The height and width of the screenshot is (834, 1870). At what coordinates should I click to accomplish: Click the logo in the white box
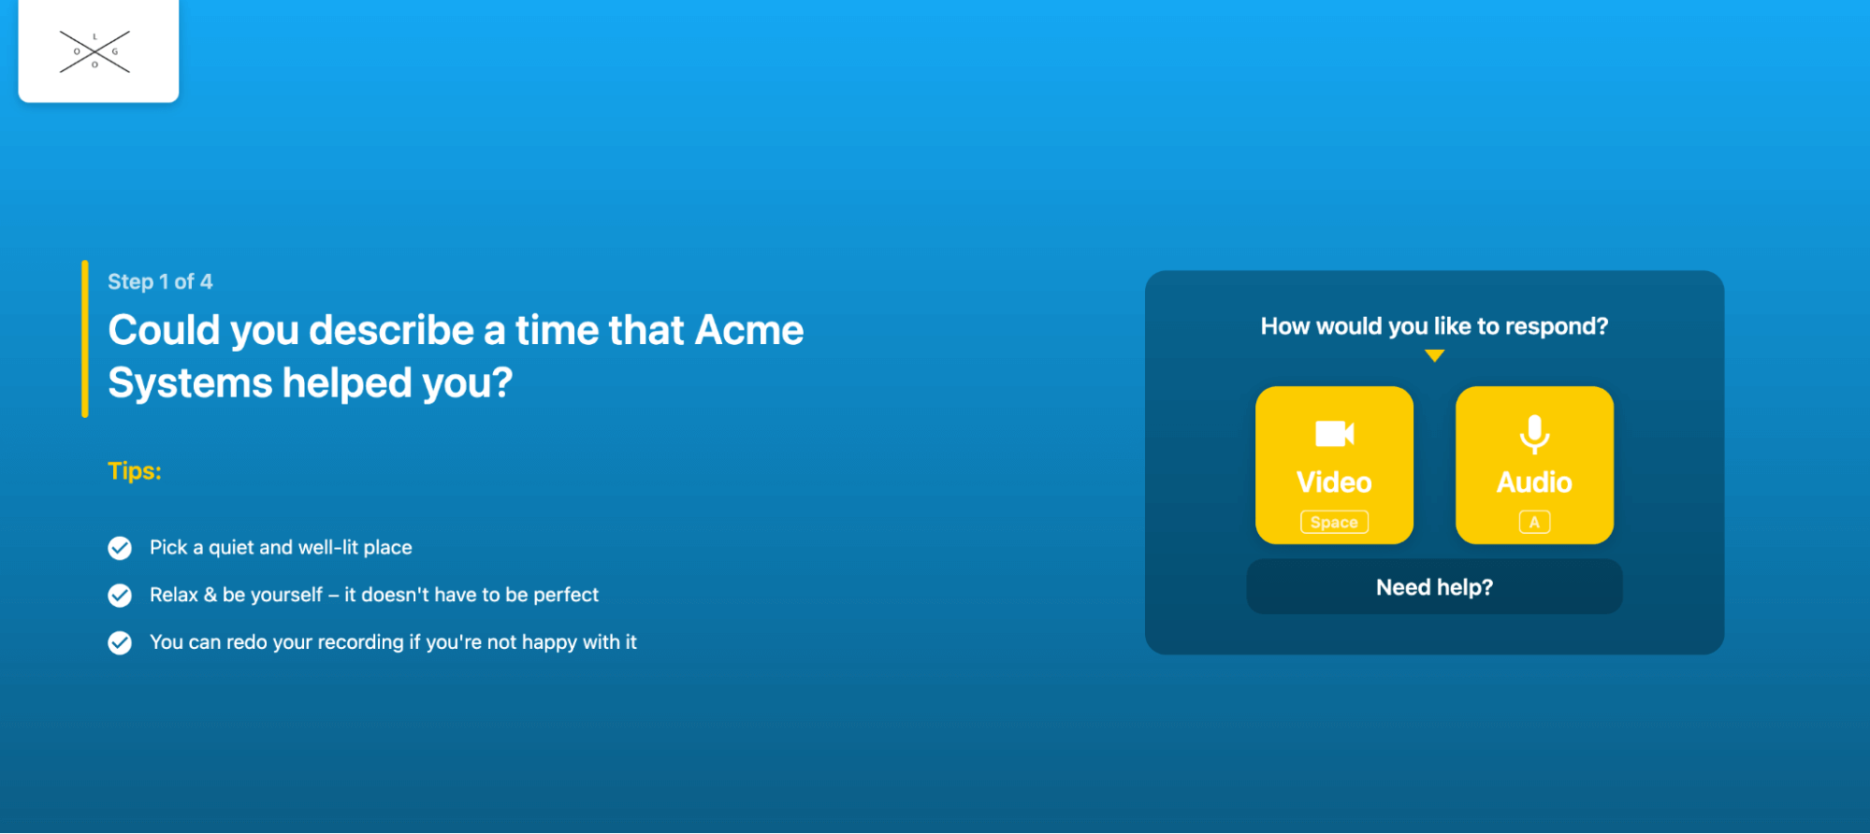tap(94, 51)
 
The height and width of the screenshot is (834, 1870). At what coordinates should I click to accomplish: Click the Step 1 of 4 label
tap(160, 281)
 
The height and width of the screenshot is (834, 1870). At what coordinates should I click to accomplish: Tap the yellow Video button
tap(1334, 465)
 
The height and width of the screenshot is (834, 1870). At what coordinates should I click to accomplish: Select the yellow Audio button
tap(1534, 465)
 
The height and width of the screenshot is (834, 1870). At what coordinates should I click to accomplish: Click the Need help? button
tap(1434, 587)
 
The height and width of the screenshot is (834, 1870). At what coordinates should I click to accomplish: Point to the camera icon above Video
tap(1335, 434)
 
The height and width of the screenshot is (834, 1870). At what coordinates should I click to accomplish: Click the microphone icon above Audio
tap(1534, 434)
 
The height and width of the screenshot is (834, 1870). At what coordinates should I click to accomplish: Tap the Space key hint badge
tap(1334, 522)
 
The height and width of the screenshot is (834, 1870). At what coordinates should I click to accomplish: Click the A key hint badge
tap(1534, 522)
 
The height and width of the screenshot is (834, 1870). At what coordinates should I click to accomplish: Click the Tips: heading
tap(135, 470)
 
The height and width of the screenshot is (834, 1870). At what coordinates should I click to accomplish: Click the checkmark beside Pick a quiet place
tap(120, 548)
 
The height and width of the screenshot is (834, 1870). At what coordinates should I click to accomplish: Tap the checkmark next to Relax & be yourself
tap(120, 596)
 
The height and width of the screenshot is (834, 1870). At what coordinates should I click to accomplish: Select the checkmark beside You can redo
tap(120, 643)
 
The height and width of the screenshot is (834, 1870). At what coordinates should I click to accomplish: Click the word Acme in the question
tap(749, 330)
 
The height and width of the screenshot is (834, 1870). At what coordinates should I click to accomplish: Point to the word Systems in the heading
tap(190, 383)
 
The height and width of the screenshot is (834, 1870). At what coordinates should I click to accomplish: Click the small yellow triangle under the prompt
tap(1435, 355)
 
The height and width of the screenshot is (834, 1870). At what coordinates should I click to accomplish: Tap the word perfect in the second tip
tap(566, 595)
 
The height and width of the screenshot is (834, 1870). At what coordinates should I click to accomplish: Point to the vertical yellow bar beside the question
tap(85, 338)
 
